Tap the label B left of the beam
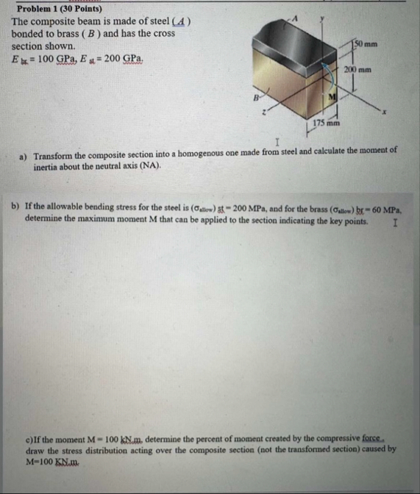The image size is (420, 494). tap(257, 94)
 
